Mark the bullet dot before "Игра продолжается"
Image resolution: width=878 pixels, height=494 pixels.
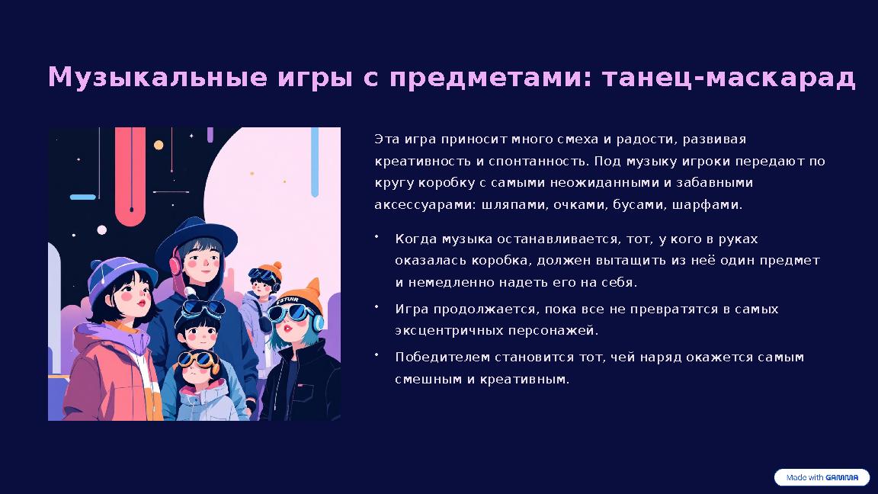(377, 306)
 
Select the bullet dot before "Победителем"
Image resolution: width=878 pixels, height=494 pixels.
(377, 354)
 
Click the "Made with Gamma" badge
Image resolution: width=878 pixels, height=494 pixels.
(822, 478)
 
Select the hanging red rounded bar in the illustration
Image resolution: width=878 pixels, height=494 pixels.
(130, 175)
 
